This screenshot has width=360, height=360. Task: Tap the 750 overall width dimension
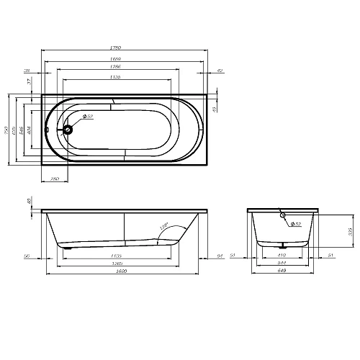[x=8, y=130]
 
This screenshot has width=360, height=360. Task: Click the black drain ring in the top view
[x=68, y=130]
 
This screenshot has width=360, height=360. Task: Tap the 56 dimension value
[x=26, y=255]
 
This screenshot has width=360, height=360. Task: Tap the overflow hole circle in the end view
[x=282, y=215]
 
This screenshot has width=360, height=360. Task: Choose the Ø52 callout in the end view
[x=295, y=225]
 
